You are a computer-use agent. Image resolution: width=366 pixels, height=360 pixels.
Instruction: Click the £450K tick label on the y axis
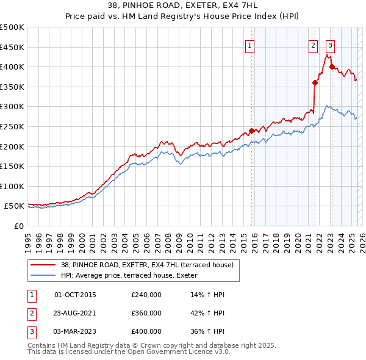pyautogui.click(x=12, y=47)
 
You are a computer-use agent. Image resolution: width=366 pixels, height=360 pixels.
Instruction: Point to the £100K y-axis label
pyautogui.click(x=12, y=186)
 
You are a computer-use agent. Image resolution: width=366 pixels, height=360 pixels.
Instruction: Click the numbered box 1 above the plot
pyautogui.click(x=251, y=44)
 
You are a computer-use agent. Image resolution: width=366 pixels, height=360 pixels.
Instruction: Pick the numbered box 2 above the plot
pyautogui.click(x=313, y=44)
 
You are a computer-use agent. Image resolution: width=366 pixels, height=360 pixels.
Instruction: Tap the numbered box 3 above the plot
pyautogui.click(x=330, y=44)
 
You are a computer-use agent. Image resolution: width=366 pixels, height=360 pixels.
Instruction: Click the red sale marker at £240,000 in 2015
pyautogui.click(x=251, y=131)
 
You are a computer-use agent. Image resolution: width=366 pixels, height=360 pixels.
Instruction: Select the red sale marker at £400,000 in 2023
pyautogui.click(x=332, y=67)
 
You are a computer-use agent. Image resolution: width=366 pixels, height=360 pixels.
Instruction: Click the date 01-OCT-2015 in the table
pyautogui.click(x=75, y=295)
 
